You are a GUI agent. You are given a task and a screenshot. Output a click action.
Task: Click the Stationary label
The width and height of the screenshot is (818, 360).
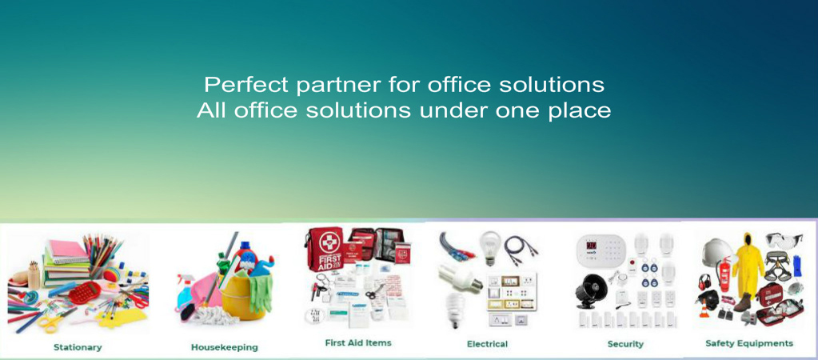[x=78, y=347]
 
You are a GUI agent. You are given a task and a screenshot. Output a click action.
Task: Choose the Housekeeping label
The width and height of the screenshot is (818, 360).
[x=225, y=347]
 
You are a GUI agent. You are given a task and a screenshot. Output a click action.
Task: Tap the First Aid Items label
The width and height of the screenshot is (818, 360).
[x=358, y=342]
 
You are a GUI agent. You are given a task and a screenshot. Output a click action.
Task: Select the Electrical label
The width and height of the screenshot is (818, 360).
[x=487, y=344]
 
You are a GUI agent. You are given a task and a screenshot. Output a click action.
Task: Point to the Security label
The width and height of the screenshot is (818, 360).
[x=625, y=344]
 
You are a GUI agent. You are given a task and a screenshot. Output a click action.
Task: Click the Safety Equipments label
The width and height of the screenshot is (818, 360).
[x=749, y=343]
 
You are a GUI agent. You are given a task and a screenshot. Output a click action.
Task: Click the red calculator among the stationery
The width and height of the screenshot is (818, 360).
[x=85, y=293]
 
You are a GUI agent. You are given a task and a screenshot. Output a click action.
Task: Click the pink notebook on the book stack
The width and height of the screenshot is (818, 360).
[x=67, y=252]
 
